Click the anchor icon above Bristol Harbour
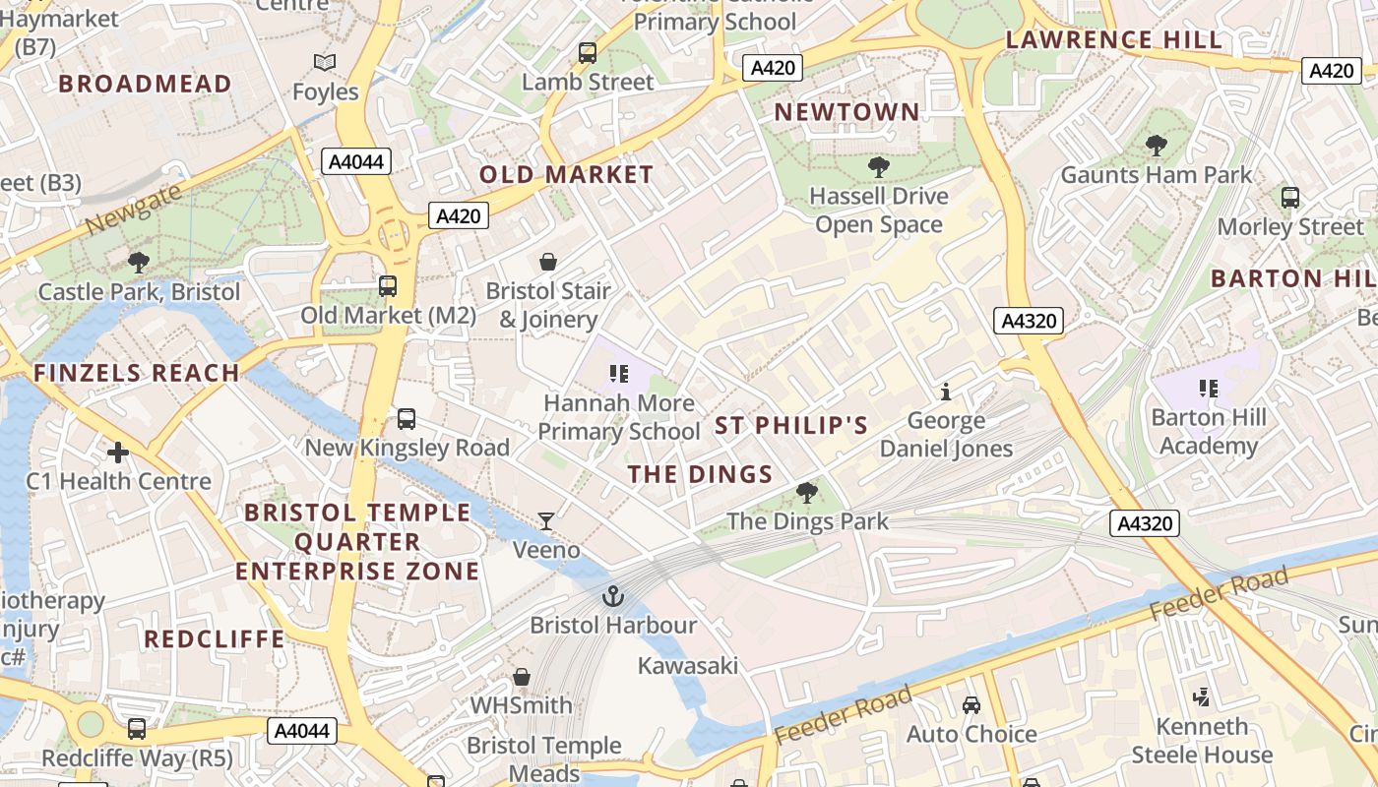(x=613, y=596)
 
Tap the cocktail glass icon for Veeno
(x=546, y=521)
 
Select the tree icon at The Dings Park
(x=807, y=492)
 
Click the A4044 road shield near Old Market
(x=356, y=161)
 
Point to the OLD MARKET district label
(x=566, y=175)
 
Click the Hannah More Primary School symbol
(x=618, y=374)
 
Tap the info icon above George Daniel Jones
(x=946, y=392)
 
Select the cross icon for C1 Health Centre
(x=118, y=453)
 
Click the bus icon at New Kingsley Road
(x=407, y=419)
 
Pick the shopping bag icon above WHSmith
(x=522, y=677)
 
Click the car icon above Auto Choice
(x=971, y=705)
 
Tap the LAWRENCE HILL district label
(x=1113, y=40)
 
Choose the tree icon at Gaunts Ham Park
(x=1157, y=146)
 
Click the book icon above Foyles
(x=325, y=63)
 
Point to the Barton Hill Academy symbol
(x=1209, y=389)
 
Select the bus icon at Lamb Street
(x=588, y=53)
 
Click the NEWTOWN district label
(x=846, y=112)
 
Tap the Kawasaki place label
(x=688, y=666)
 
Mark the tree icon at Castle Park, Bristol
(x=139, y=262)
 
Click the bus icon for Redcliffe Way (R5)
(x=137, y=729)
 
